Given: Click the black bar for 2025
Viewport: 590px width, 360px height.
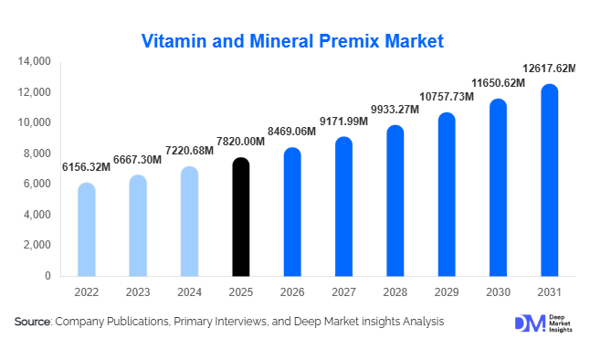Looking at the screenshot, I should (240, 217).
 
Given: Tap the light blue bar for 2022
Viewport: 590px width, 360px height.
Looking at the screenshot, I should (86, 229).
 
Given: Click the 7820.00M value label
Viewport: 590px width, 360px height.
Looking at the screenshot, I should (240, 142).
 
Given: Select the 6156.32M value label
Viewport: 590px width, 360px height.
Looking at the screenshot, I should (86, 167).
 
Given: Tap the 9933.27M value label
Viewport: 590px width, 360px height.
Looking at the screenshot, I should (395, 110).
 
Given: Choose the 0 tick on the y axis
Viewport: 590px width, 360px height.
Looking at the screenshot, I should (47, 276).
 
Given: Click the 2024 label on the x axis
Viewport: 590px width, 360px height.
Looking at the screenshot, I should (189, 293).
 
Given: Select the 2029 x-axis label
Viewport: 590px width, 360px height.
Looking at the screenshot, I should (446, 293).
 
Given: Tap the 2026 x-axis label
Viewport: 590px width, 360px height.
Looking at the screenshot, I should (291, 293).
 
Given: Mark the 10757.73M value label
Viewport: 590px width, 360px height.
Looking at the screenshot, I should (446, 97).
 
